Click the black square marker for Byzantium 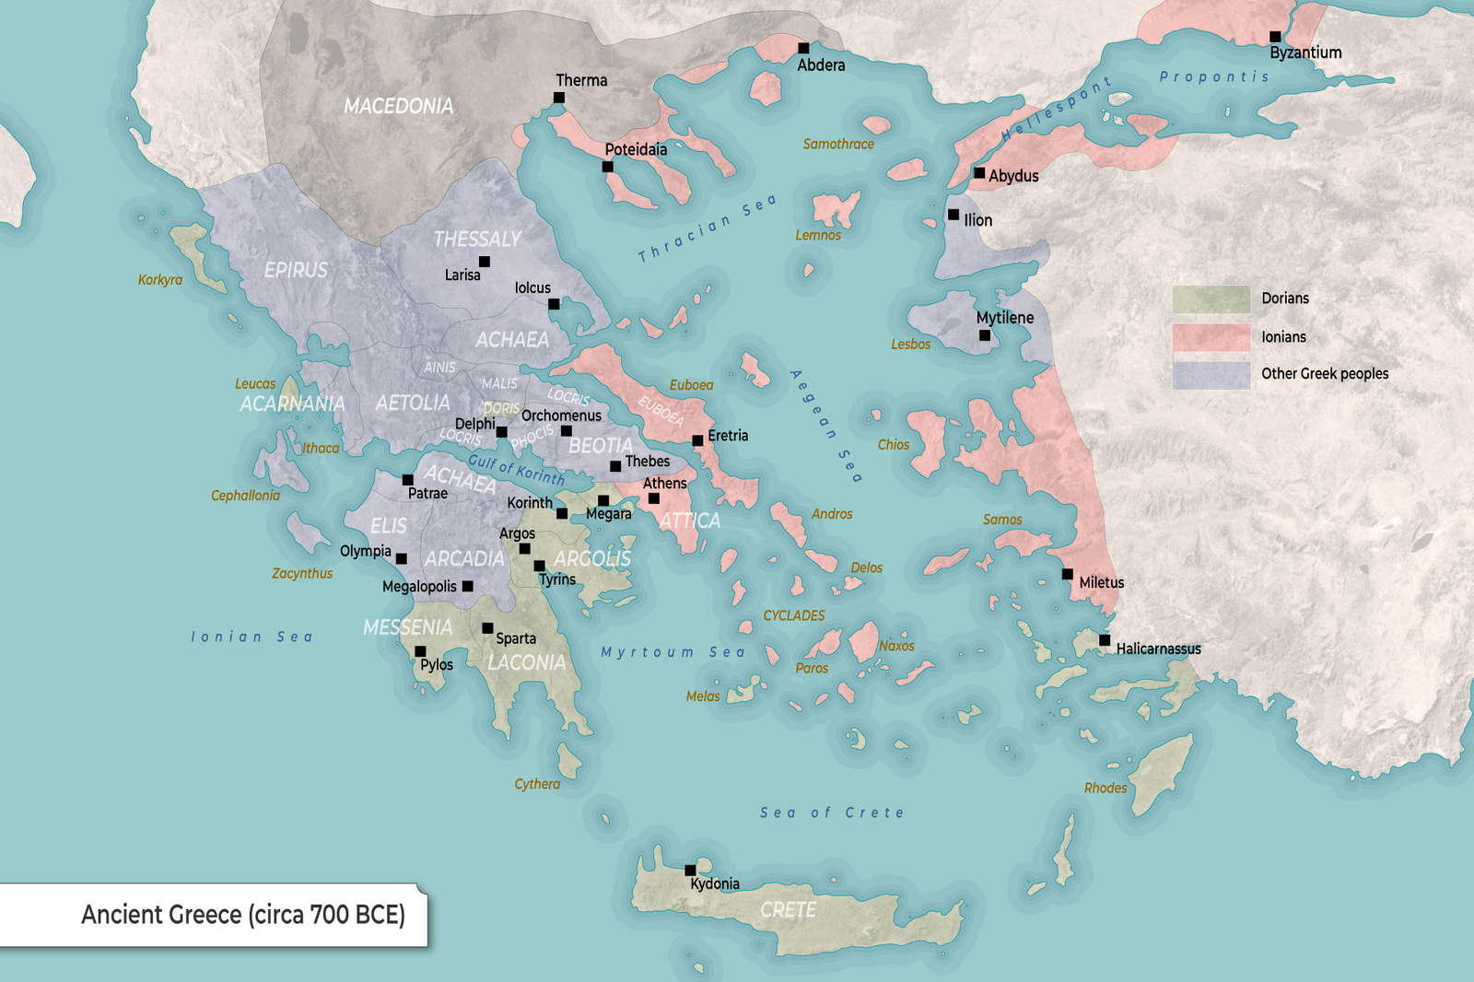pyautogui.click(x=1275, y=37)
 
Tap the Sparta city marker pyautogui.click(x=487, y=628)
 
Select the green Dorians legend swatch pyautogui.click(x=1211, y=299)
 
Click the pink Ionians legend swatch pyautogui.click(x=1211, y=337)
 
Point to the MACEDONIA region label pyautogui.click(x=398, y=107)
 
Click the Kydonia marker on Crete pyautogui.click(x=690, y=870)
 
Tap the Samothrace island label pyautogui.click(x=837, y=144)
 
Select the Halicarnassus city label pyautogui.click(x=1158, y=649)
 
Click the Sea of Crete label pyautogui.click(x=831, y=812)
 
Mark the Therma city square pyautogui.click(x=559, y=98)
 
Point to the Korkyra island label pyautogui.click(x=160, y=280)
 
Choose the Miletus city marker pyautogui.click(x=1067, y=574)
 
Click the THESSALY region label pyautogui.click(x=477, y=240)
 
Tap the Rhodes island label pyautogui.click(x=1105, y=788)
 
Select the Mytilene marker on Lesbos pyautogui.click(x=984, y=335)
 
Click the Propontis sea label pyautogui.click(x=1213, y=76)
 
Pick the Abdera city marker pyautogui.click(x=803, y=48)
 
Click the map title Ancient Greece pyautogui.click(x=243, y=915)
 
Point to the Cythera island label pyautogui.click(x=537, y=784)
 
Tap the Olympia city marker pyautogui.click(x=401, y=558)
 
